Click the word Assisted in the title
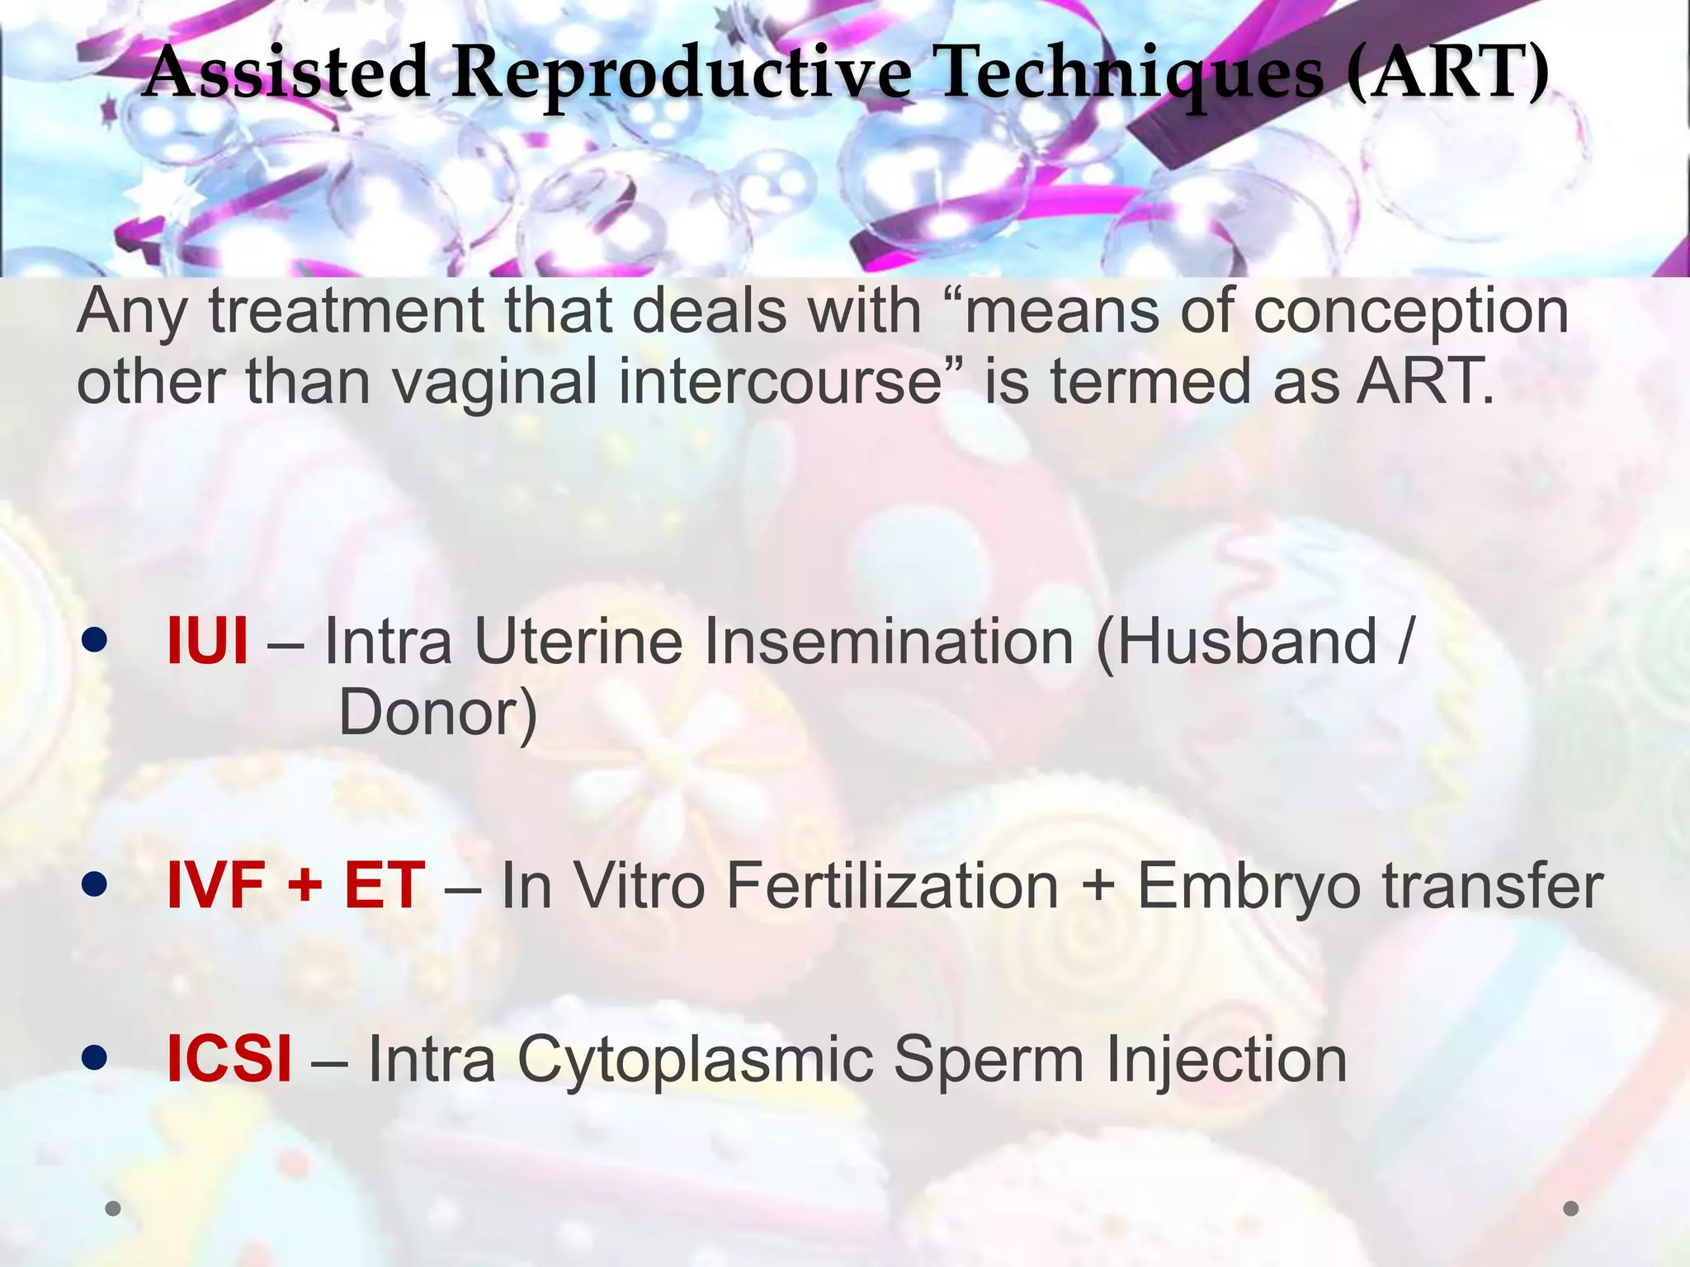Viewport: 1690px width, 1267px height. [285, 73]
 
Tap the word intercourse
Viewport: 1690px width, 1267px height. [780, 383]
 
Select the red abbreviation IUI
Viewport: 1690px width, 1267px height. [206, 642]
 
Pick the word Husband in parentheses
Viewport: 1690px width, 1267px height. [1237, 642]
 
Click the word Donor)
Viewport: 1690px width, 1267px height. [438, 714]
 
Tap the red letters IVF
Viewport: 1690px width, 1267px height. [215, 886]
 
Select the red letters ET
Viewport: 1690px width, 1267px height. [385, 886]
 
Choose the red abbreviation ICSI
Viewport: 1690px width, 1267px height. [229, 1059]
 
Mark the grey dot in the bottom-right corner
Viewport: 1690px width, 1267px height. [1571, 1208]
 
